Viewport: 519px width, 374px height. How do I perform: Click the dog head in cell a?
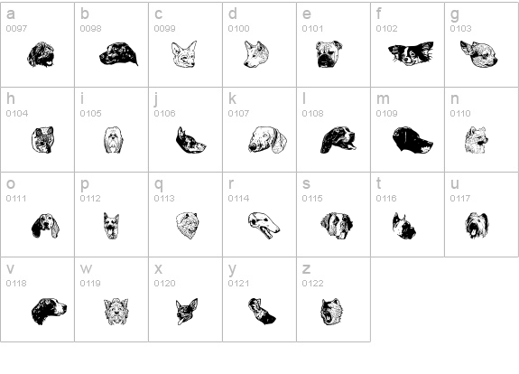[x=41, y=55]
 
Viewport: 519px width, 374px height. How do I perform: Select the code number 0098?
[x=90, y=29]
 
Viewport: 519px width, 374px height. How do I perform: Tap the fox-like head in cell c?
[x=184, y=54]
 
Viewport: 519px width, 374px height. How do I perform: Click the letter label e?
[x=307, y=14]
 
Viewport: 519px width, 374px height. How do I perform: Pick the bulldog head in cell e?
[x=329, y=54]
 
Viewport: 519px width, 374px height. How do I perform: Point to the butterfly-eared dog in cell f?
[x=411, y=53]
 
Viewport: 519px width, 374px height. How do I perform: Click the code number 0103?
[x=460, y=29]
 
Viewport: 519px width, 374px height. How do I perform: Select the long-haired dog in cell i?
[x=113, y=140]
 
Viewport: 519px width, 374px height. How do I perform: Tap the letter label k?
[x=232, y=98]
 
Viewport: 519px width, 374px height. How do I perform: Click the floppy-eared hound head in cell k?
[x=267, y=139]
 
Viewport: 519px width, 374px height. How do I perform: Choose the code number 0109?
[x=386, y=114]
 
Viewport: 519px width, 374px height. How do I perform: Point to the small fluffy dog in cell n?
[x=476, y=140]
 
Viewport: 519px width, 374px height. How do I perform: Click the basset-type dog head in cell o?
[x=45, y=226]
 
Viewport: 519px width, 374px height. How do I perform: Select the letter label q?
[x=159, y=184]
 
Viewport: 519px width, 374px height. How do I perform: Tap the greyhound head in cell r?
[x=264, y=225]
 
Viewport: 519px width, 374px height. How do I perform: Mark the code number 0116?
[x=386, y=199]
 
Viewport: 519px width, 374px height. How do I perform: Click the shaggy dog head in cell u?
[x=477, y=225]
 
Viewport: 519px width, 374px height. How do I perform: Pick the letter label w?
[x=86, y=268]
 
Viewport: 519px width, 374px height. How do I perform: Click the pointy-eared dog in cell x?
[x=187, y=312]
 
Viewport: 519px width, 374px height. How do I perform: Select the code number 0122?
[x=312, y=284]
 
